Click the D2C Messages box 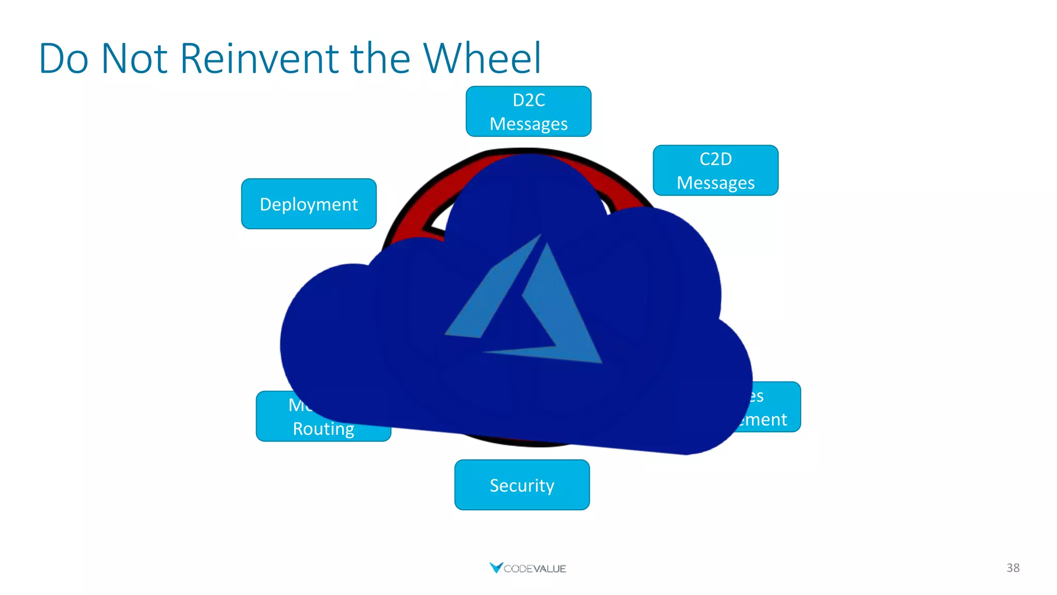(528, 112)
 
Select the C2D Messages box (715, 170)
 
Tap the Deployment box (309, 204)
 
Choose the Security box (522, 485)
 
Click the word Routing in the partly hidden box (323, 429)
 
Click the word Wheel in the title (482, 58)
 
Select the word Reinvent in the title (261, 58)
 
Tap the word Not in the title (134, 58)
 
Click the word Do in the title (63, 58)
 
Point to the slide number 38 (1013, 568)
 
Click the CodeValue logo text (535, 569)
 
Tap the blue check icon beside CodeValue (495, 568)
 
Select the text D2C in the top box (528, 100)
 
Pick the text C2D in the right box (715, 159)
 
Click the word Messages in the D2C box (528, 124)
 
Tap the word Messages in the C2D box (715, 183)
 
